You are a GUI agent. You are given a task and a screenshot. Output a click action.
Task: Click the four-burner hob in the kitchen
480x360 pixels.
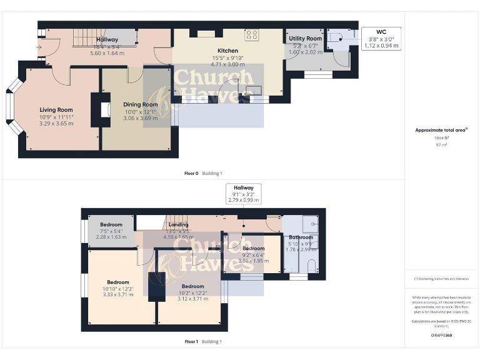[x=252, y=35]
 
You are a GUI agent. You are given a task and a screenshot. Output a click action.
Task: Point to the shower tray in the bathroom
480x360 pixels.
[x=311, y=223]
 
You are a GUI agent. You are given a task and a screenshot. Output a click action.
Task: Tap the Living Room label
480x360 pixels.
[x=56, y=110]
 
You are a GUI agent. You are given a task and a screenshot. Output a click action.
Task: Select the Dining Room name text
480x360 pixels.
[x=141, y=104]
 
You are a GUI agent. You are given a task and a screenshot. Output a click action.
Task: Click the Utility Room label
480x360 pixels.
[x=305, y=39]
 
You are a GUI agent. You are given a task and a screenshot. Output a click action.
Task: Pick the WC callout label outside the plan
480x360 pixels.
[x=381, y=31]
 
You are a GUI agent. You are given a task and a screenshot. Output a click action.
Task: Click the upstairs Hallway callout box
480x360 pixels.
[x=244, y=193]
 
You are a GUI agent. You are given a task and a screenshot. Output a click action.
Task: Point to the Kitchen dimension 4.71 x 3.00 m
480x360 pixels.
[x=227, y=64]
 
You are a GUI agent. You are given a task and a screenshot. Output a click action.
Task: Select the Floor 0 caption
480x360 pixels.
[x=191, y=173]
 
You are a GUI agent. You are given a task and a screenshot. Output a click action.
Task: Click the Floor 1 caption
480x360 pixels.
[x=191, y=342]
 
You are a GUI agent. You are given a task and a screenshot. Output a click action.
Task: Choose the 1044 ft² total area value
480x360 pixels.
[x=441, y=137]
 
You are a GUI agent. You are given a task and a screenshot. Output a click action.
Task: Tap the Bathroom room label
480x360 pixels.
[x=301, y=237]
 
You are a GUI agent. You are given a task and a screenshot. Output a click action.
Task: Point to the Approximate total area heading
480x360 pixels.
[x=441, y=130]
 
